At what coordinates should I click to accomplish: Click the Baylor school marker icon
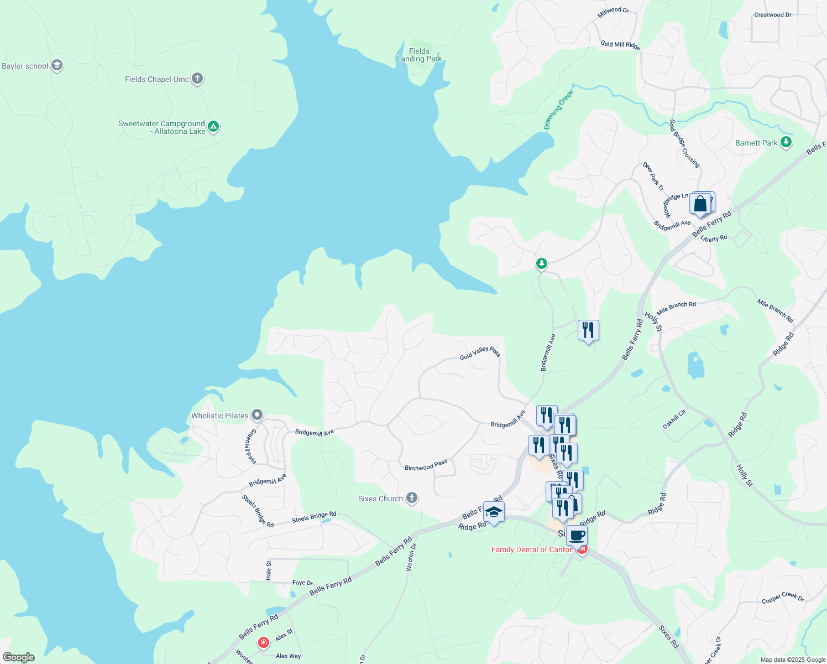(56, 66)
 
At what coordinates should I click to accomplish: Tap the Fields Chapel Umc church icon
(197, 79)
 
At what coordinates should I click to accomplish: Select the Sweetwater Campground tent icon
(213, 126)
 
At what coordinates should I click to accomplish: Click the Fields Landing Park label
(419, 55)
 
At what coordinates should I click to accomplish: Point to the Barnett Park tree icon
(786, 142)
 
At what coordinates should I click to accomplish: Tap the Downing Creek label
(559, 110)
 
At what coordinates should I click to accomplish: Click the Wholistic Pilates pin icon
(257, 415)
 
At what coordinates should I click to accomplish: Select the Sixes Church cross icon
(411, 498)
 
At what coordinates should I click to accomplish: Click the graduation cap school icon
(494, 512)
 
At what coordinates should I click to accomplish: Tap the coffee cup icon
(577, 535)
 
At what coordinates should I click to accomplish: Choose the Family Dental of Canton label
(532, 549)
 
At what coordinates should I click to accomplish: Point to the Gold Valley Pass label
(480, 353)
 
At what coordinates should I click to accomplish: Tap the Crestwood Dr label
(772, 15)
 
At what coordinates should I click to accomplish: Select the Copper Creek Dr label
(783, 598)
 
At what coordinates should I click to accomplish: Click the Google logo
(18, 657)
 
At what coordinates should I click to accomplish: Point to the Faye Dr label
(302, 583)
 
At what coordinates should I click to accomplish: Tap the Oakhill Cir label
(674, 419)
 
